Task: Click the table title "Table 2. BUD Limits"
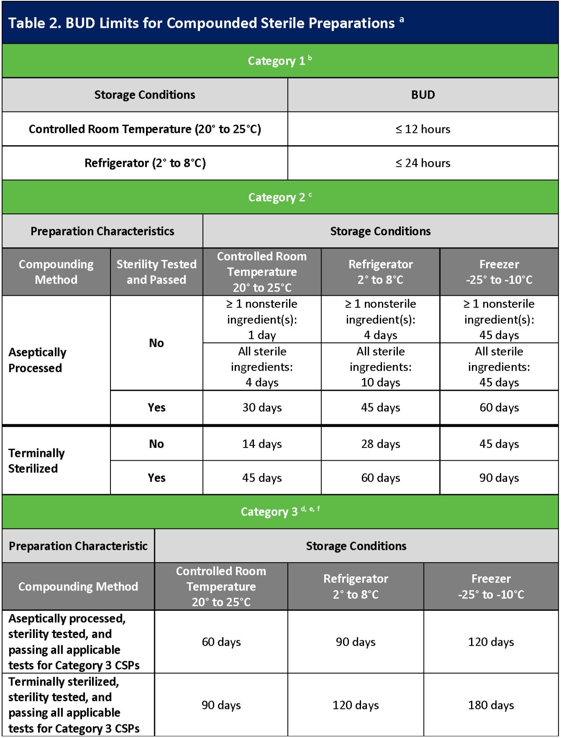(201, 23)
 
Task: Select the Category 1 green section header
(280, 61)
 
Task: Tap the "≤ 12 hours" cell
(423, 129)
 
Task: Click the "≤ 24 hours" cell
(423, 163)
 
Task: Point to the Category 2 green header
(280, 197)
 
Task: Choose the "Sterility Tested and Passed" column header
(156, 272)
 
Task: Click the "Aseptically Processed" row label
(38, 360)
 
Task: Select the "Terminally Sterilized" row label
(37, 460)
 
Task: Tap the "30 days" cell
(262, 408)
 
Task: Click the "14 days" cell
(262, 444)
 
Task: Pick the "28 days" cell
(380, 444)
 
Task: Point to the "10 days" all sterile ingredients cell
(380, 367)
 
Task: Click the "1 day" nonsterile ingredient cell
(262, 319)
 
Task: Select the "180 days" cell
(491, 705)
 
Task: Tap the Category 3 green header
(280, 512)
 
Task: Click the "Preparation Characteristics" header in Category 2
(102, 231)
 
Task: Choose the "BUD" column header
(423, 95)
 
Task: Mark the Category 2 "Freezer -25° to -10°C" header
(499, 272)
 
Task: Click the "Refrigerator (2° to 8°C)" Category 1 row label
(145, 163)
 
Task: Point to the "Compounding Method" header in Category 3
(78, 586)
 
